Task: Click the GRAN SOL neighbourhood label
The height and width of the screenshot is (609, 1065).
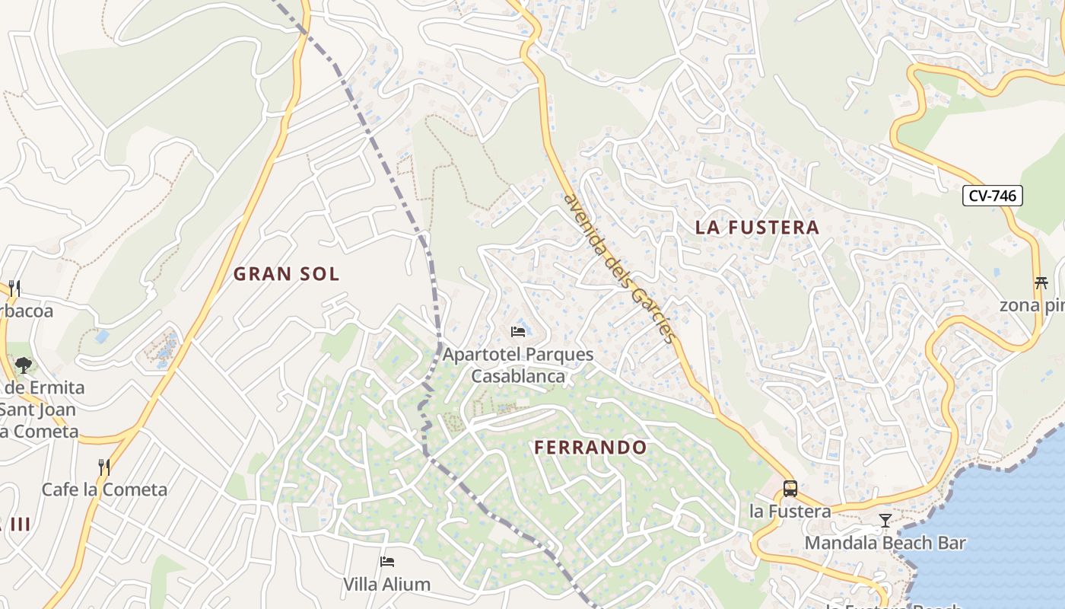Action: [x=286, y=274]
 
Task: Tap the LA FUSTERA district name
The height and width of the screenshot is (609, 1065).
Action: [x=757, y=227]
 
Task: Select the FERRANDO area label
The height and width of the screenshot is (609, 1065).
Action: [x=590, y=447]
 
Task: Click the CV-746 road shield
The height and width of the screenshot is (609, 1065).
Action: [x=993, y=196]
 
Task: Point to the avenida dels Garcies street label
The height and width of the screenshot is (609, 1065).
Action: [x=619, y=267]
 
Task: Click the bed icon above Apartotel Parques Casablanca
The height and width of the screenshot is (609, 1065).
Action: [x=518, y=332]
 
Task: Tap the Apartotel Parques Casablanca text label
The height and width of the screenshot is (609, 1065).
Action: [x=518, y=365]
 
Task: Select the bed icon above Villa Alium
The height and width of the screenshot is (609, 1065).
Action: [x=386, y=563]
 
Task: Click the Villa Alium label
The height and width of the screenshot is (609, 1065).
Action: [x=386, y=585]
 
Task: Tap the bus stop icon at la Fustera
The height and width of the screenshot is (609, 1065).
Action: [x=790, y=489]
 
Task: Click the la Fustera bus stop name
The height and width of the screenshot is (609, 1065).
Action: [x=790, y=511]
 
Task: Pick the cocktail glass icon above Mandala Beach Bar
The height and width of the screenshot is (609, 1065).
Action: [x=885, y=521]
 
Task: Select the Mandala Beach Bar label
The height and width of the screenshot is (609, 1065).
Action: [x=885, y=543]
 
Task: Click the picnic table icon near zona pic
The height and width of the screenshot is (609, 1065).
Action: [x=1041, y=283]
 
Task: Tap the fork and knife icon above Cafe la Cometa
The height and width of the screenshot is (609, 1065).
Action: [x=104, y=466]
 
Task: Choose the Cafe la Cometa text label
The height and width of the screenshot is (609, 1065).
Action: [x=104, y=489]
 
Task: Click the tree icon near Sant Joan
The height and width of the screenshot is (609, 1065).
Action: [x=23, y=365]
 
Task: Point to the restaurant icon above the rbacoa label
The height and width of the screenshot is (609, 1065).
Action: [x=14, y=288]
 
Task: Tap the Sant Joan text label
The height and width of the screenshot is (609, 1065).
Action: [x=38, y=410]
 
